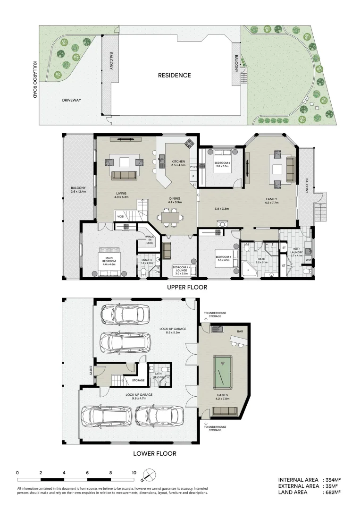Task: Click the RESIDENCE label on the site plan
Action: pyautogui.click(x=175, y=75)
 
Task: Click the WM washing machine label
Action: pyautogui.click(x=309, y=260)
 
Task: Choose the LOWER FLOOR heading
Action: pyautogui.click(x=155, y=454)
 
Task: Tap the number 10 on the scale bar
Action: pyautogui.click(x=134, y=472)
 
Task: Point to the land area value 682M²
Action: pyautogui.click(x=332, y=492)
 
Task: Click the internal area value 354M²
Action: pyautogui.click(x=332, y=479)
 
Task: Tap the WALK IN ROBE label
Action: pyautogui.click(x=150, y=239)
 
